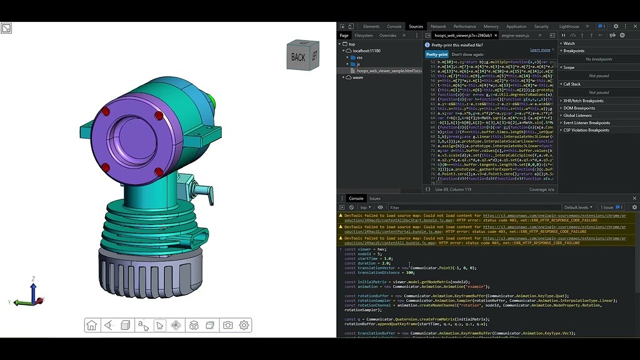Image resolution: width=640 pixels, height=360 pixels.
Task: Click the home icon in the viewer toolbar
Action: point(92,325)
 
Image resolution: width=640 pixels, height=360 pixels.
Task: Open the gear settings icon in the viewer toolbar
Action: point(244,325)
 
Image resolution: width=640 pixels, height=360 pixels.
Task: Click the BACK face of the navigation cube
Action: point(298,57)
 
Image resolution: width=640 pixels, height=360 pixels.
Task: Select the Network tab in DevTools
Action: point(438,26)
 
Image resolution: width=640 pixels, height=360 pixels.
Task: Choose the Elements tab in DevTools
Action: point(371,26)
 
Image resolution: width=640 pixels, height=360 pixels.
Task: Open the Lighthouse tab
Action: point(569,26)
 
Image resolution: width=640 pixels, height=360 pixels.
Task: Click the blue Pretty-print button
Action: point(437,54)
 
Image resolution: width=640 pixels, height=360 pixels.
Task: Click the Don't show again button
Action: point(467,54)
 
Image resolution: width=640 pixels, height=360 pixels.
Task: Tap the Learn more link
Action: point(540,50)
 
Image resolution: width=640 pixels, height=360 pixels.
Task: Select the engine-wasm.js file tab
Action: point(515,36)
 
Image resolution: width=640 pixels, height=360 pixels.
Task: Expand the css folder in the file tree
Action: point(359,57)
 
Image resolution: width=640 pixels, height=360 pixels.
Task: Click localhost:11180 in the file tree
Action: point(366,51)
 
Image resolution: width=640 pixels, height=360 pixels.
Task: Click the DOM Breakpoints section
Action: point(583,108)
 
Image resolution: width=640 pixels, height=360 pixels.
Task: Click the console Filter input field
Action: point(469,207)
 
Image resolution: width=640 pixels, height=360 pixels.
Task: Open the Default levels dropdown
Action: point(579,207)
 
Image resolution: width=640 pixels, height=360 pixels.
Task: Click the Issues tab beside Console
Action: point(375,198)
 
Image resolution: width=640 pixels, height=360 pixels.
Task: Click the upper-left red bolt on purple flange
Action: point(106,111)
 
